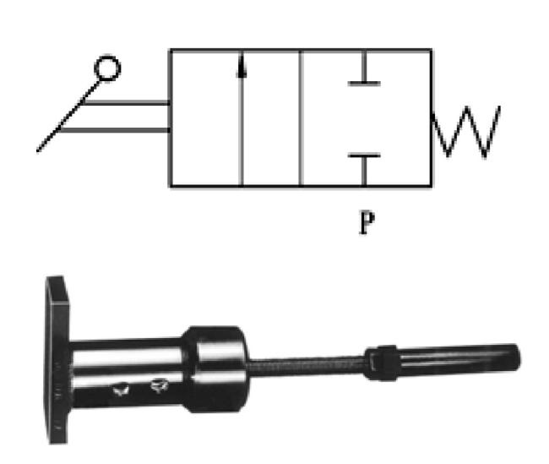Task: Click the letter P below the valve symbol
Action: point(367,222)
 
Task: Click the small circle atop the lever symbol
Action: point(107,68)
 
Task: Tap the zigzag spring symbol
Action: point(466,131)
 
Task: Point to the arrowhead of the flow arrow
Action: point(241,66)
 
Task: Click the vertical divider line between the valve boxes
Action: point(301,118)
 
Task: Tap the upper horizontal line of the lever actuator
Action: point(126,102)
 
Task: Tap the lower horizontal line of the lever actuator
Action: point(115,130)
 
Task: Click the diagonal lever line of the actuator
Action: point(68,116)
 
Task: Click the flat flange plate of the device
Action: point(57,360)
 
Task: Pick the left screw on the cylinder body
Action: point(121,390)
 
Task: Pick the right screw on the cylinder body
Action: point(159,385)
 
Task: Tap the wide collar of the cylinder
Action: point(216,369)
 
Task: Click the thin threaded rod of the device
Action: point(307,365)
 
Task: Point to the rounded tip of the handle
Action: point(514,357)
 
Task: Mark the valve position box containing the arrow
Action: point(236,118)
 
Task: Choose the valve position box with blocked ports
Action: point(367,118)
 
